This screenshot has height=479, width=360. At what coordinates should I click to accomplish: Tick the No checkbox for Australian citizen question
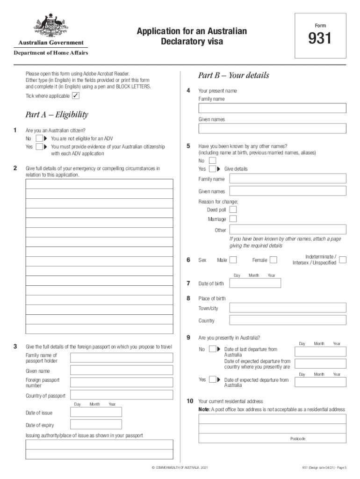pos(39,138)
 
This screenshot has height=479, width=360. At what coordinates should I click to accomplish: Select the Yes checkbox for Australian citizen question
pos(39,147)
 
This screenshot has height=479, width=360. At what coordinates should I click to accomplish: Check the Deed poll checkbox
pos(233,210)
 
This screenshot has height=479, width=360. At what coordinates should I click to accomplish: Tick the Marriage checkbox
pos(233,219)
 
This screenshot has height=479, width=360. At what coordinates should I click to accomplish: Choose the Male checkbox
pos(233,260)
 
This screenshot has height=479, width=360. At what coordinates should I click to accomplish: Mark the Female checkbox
pos(274,260)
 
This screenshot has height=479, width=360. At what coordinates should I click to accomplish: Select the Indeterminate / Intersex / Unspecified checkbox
pos(343,260)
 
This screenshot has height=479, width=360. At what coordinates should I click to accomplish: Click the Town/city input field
pos(288,308)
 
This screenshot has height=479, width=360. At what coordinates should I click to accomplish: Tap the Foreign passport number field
pos(122,382)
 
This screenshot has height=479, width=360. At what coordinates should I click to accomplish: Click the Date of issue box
pos(96,412)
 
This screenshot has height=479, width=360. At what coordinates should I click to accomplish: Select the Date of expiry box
pos(96,425)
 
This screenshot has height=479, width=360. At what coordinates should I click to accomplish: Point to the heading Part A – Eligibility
pos(57,115)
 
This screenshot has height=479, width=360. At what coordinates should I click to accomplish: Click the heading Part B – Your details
pos(233,75)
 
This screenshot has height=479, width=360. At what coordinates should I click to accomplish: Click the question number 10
pos(190,401)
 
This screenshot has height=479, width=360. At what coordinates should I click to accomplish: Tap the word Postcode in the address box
pos(297,439)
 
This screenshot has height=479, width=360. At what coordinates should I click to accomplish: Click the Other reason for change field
pos(288,230)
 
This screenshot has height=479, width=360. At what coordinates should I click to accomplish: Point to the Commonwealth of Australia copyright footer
pos(180,468)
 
